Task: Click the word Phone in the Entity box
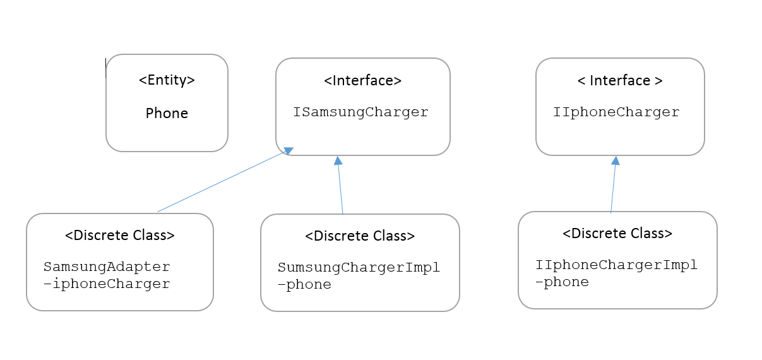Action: point(167,114)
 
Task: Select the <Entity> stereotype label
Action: point(167,80)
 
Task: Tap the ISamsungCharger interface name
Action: point(360,112)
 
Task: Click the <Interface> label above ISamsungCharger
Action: point(362,81)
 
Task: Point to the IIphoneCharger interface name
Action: point(616,112)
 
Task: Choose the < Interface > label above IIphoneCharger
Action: point(620,81)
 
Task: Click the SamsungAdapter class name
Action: point(107,267)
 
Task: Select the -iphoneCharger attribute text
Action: point(107,284)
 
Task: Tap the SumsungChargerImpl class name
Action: point(359,267)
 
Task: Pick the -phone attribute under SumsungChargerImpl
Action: point(304,285)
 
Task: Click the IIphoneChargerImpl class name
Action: point(616,265)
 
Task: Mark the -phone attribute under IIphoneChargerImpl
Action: point(562,282)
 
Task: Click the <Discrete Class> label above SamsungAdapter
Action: point(120,236)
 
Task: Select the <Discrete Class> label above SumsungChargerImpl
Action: point(360,236)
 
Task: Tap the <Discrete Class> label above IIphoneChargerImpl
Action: point(617,233)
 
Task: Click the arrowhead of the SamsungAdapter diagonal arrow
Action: point(289,151)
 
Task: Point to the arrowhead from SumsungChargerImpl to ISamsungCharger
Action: point(338,160)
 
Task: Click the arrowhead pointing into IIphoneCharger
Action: point(615,160)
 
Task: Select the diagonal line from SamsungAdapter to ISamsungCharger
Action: point(221,182)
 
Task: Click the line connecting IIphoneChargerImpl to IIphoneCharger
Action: point(613,188)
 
